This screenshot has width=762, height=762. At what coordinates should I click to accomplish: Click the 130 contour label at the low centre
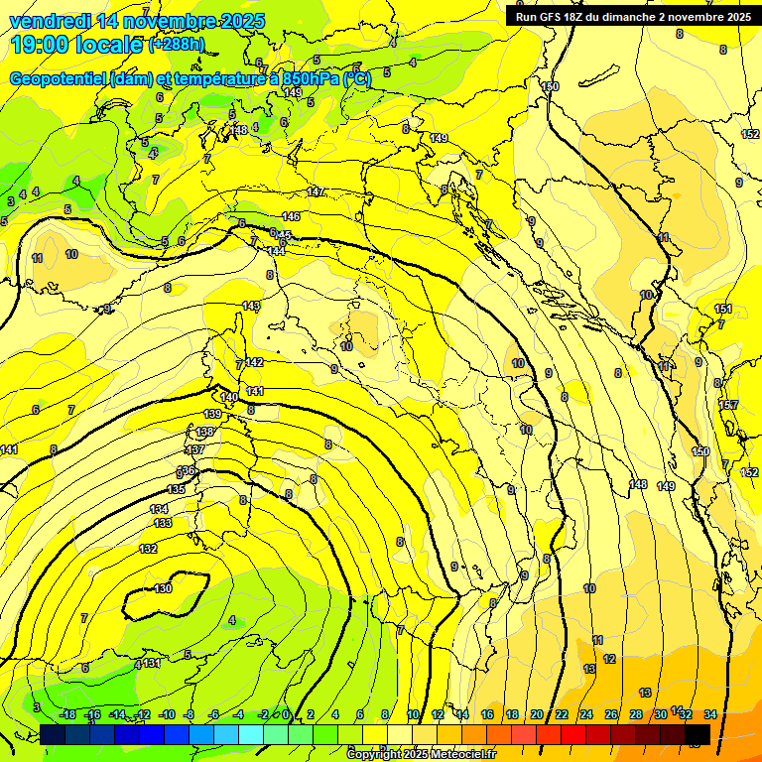click(x=164, y=588)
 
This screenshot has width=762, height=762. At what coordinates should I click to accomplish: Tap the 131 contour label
click(x=151, y=663)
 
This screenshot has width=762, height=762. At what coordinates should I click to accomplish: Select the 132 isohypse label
click(x=149, y=549)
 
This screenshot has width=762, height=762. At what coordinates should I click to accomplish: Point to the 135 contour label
click(x=176, y=490)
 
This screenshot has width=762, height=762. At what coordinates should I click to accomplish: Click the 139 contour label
click(x=213, y=414)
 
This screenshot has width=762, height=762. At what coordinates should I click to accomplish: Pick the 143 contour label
click(x=251, y=306)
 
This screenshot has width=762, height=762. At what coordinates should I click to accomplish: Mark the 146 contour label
click(x=291, y=216)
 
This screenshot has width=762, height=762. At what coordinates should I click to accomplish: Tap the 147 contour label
click(x=316, y=191)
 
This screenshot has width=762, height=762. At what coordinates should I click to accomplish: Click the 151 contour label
click(x=723, y=310)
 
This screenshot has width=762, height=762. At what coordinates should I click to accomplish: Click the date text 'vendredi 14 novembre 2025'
click(x=137, y=21)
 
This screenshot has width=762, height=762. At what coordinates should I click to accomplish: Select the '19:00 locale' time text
click(x=77, y=45)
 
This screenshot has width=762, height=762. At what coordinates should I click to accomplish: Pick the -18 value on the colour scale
click(x=68, y=714)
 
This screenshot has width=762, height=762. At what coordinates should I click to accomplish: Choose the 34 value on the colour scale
click(x=709, y=714)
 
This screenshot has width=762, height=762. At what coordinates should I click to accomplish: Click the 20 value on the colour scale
click(x=537, y=714)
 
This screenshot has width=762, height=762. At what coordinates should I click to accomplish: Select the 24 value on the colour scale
click(x=586, y=714)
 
